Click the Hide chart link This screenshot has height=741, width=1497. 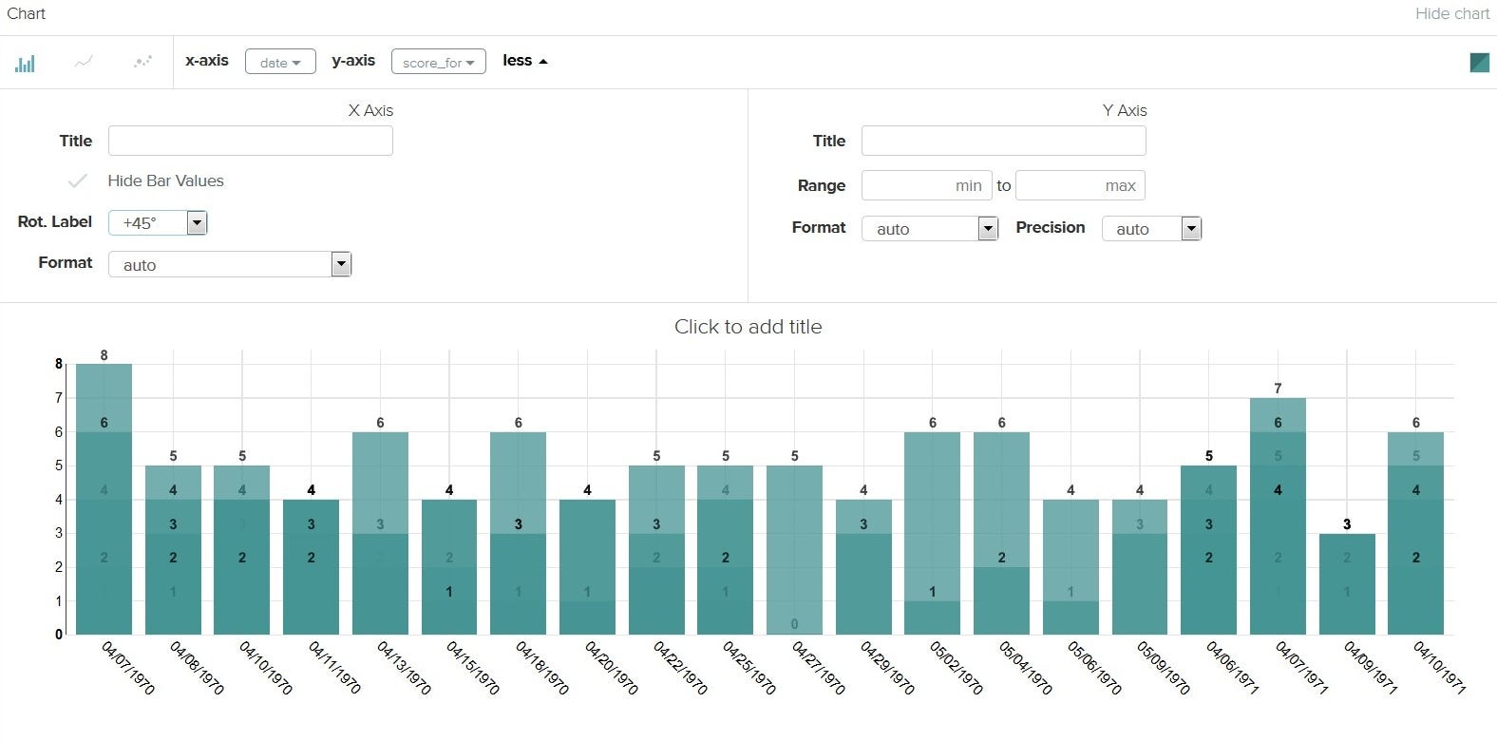coord(1451,13)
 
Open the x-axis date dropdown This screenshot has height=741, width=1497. coord(280,62)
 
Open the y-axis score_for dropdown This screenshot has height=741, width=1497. coord(438,62)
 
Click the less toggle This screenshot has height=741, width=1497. coord(524,61)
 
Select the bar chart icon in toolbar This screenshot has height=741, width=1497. coord(25,63)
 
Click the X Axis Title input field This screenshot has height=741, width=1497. coord(250,141)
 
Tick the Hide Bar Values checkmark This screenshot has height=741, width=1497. coord(78,180)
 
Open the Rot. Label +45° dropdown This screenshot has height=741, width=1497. coord(158,222)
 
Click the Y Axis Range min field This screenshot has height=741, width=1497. coord(926,185)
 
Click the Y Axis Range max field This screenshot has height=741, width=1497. coord(1080,185)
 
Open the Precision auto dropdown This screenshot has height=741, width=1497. coord(1151,228)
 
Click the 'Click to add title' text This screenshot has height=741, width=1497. coord(748,327)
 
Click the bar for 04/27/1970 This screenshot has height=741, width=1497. coord(794,551)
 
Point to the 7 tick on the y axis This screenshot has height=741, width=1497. coord(59,398)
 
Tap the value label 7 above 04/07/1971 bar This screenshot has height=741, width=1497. coord(1278,388)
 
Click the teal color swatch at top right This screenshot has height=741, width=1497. coord(1479,63)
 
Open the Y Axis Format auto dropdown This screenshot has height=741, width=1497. coord(930,228)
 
